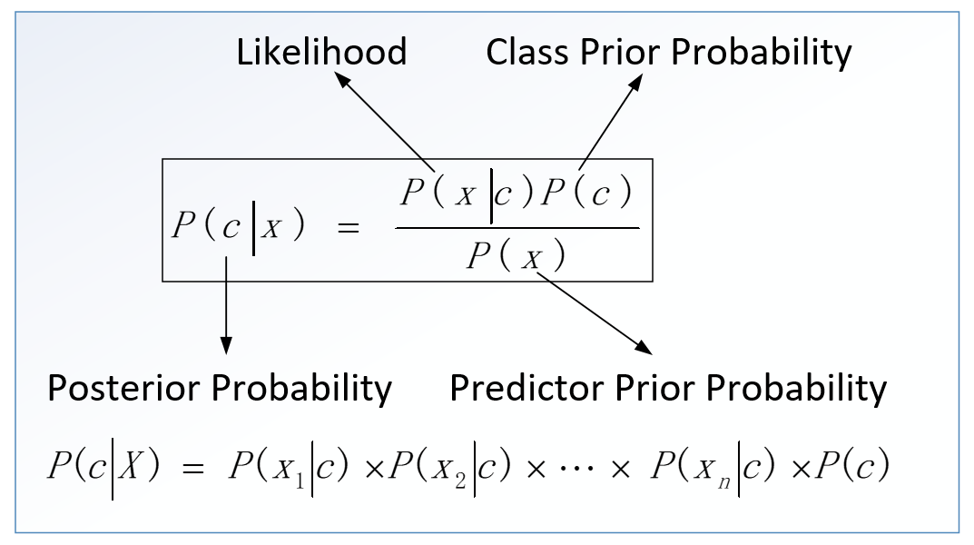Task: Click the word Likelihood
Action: point(321,52)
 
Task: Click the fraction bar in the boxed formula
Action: point(517,227)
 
